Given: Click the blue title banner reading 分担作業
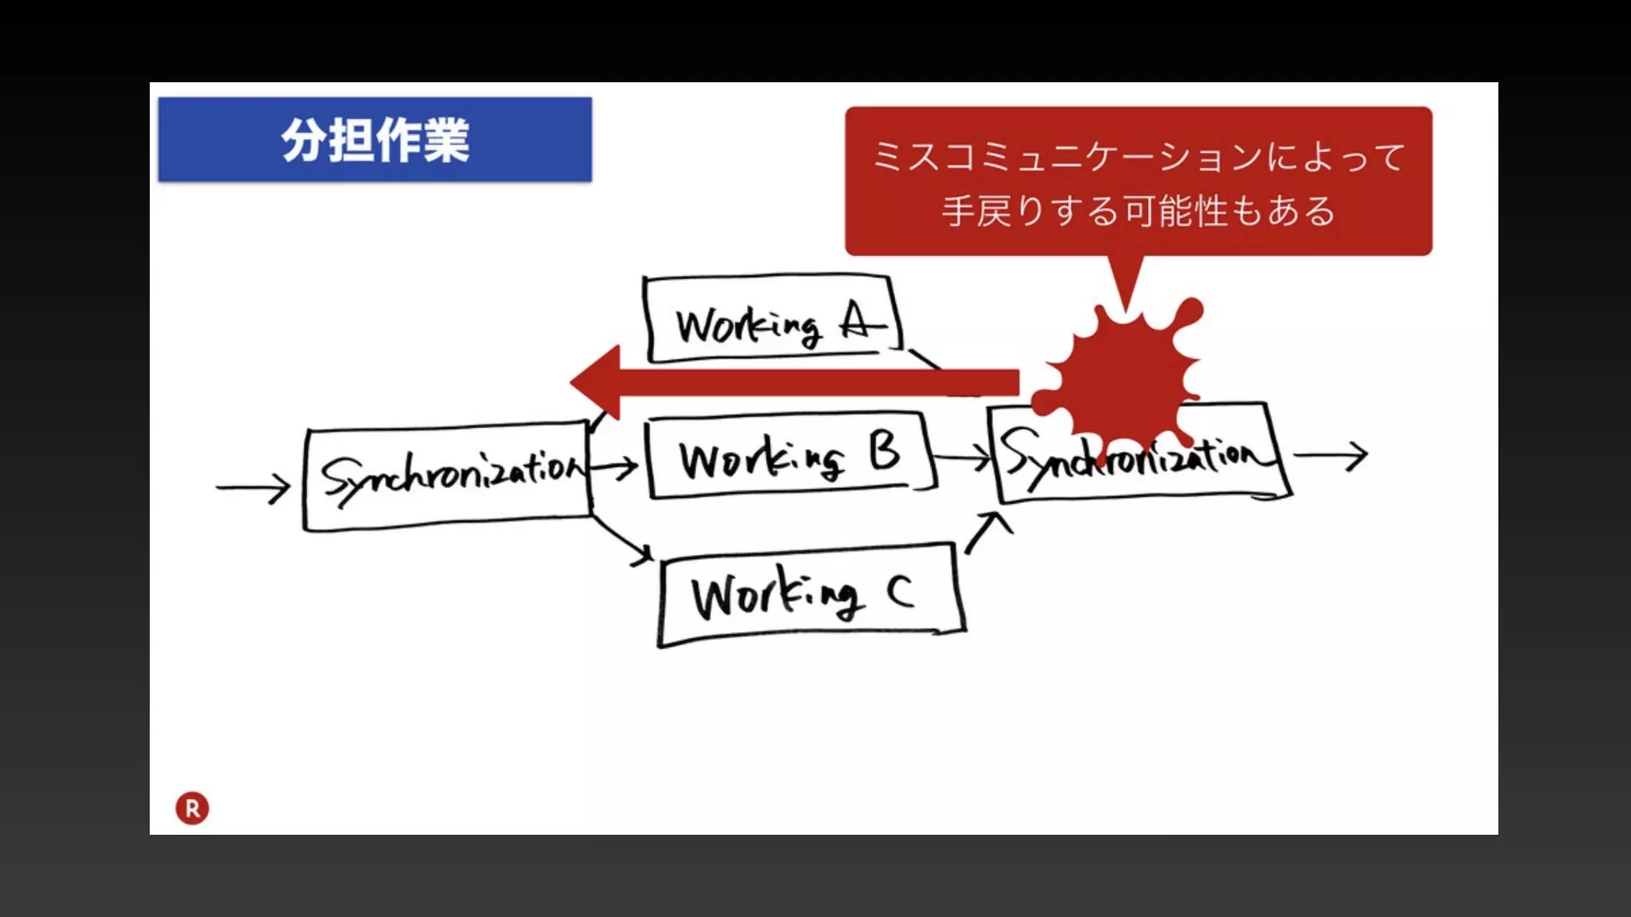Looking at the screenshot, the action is coord(374,140).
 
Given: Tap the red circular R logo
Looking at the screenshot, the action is coord(192,808).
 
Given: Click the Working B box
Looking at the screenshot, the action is coord(788,456).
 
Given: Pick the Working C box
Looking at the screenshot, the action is coord(810,595).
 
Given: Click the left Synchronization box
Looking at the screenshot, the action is coord(448,476).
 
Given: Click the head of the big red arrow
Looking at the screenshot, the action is coord(597,382).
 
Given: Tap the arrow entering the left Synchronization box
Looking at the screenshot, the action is coord(253,487).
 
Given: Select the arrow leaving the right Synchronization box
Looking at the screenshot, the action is coord(1330,455).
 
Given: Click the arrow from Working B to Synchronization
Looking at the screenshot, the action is coord(961,458).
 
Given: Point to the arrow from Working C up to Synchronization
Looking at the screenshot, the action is coord(988,532).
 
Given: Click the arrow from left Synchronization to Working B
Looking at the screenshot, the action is coord(615,467).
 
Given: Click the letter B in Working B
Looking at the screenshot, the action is coord(885,451).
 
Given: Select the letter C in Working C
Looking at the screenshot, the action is coord(900,591).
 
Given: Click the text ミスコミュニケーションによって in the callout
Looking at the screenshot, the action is coord(1139,156).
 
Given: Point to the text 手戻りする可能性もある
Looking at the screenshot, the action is coord(1139,212).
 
